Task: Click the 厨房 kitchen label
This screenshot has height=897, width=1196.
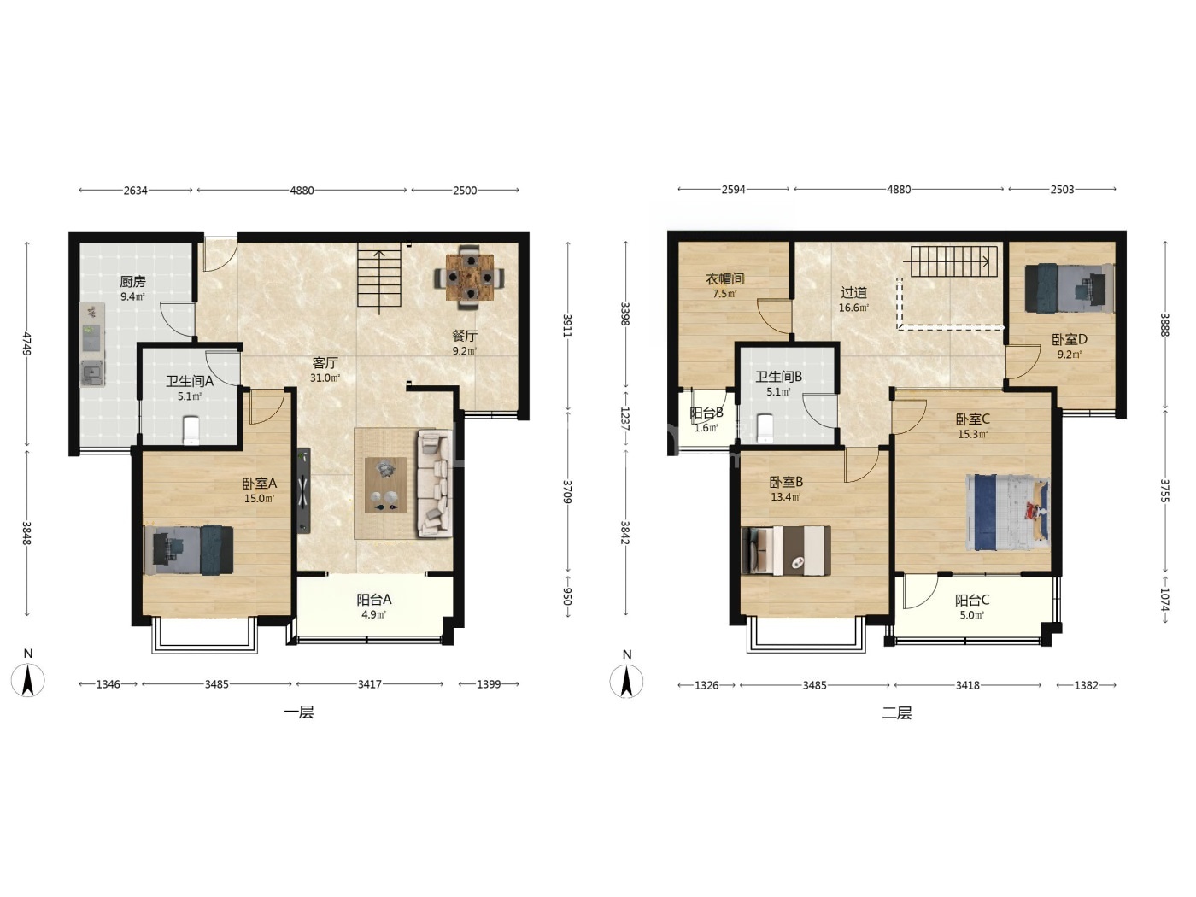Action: click(132, 282)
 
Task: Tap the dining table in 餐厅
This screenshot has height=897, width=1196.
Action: click(469, 278)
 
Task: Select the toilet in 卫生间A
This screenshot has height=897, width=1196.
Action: click(191, 431)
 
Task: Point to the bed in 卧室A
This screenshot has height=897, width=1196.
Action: click(189, 550)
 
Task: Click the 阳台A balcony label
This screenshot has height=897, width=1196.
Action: click(374, 600)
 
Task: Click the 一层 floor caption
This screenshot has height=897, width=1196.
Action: click(299, 712)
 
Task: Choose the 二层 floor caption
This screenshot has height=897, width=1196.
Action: click(897, 713)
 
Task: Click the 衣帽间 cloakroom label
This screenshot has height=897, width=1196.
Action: click(724, 278)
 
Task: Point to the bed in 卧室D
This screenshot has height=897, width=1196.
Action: click(1069, 288)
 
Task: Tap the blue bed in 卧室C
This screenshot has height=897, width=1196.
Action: click(1007, 512)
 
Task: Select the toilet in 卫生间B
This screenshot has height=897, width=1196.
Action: click(765, 428)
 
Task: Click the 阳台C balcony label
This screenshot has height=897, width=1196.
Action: click(972, 601)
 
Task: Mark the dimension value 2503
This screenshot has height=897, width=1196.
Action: click(1062, 190)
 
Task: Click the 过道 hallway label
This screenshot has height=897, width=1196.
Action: click(853, 293)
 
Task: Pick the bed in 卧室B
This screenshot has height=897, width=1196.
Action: click(786, 551)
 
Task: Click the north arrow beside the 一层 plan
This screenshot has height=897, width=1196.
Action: click(28, 680)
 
